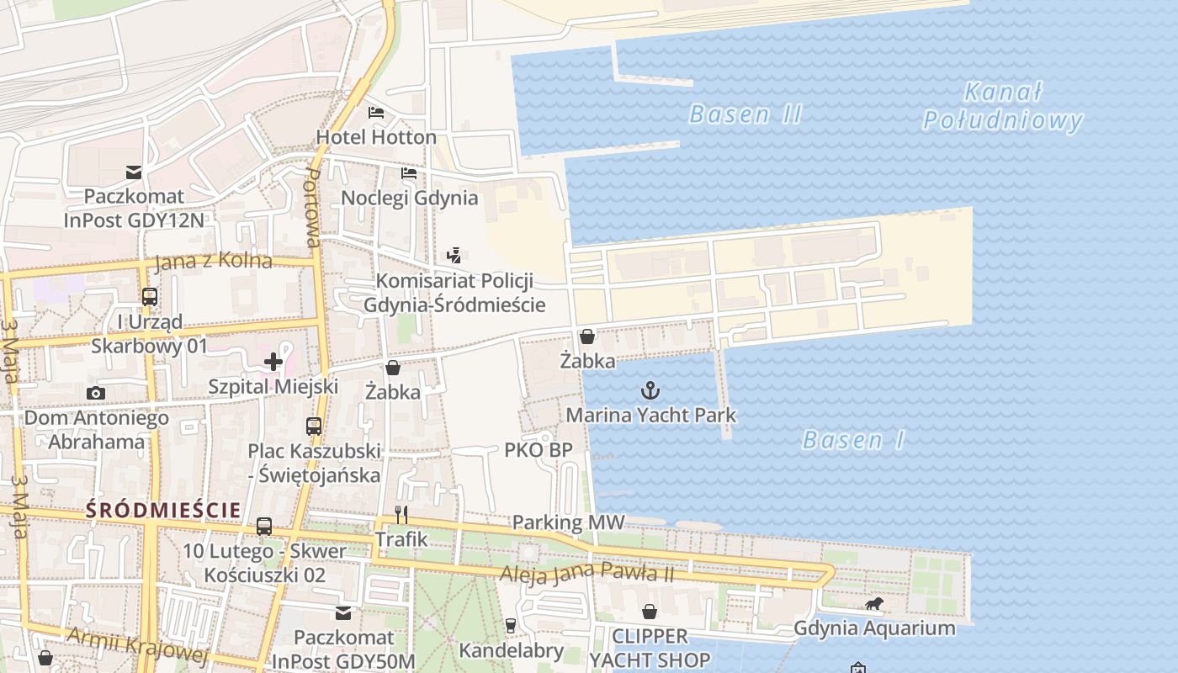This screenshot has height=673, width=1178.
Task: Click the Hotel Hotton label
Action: (x=376, y=136)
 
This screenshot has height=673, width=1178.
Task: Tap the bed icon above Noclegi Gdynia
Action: (x=409, y=173)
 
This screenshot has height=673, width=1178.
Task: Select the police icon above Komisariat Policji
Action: (x=454, y=255)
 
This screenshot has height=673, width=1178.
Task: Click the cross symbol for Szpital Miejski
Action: (x=273, y=362)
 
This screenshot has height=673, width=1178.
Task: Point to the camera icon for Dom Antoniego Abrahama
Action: (x=96, y=393)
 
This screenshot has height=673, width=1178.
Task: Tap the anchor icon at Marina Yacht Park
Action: (x=650, y=390)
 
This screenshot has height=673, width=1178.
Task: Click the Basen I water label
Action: (x=853, y=440)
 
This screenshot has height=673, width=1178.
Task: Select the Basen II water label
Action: (x=746, y=114)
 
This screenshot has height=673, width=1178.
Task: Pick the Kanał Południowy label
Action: (x=1002, y=107)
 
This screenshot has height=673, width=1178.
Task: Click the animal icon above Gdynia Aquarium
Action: (x=874, y=603)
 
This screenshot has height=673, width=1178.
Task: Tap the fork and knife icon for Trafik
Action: (x=401, y=515)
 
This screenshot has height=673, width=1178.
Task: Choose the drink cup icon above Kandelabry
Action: (x=510, y=625)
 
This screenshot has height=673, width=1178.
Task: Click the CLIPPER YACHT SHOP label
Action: (x=650, y=648)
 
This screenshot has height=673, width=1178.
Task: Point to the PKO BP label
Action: (x=539, y=450)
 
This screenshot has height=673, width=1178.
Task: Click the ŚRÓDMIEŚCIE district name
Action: (x=163, y=510)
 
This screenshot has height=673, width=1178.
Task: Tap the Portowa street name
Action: (x=311, y=207)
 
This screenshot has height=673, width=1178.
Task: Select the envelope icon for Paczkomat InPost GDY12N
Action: (x=134, y=172)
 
